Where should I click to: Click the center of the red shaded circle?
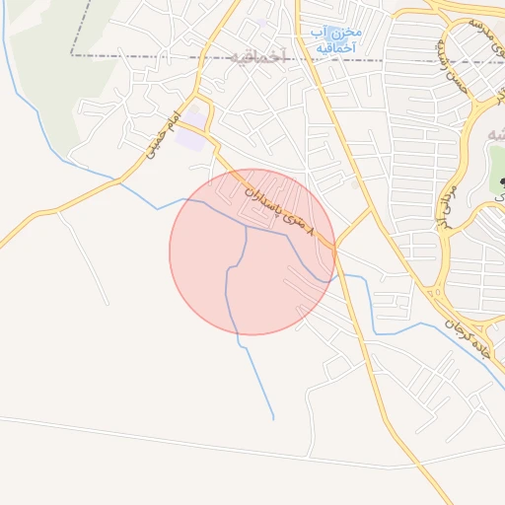[x=252, y=252]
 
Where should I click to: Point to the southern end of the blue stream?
[x=273, y=419]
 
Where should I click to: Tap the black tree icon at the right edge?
[x=500, y=183]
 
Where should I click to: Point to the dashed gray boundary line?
[x=148, y=56]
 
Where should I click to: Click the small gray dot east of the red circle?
[x=355, y=184]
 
